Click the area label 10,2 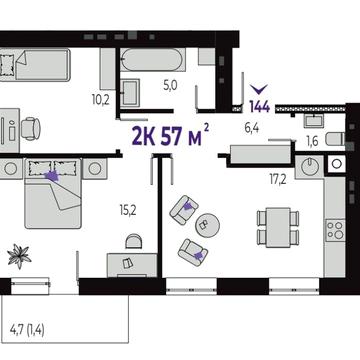tap(100, 99)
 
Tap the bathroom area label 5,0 tap(170, 86)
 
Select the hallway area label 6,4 tap(253, 128)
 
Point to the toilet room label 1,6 tap(311, 141)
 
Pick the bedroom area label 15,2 tap(128, 211)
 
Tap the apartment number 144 tap(259, 107)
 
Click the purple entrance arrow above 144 tap(259, 89)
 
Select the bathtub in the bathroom tap(153, 60)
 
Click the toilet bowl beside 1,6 tap(335, 139)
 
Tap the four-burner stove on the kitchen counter tap(335, 230)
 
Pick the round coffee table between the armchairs tap(207, 225)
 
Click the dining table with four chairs tap(278, 227)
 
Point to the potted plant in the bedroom tap(19, 256)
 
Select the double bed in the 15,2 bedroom tap(53, 193)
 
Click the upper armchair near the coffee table tap(184, 209)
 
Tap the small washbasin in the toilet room tap(313, 120)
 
